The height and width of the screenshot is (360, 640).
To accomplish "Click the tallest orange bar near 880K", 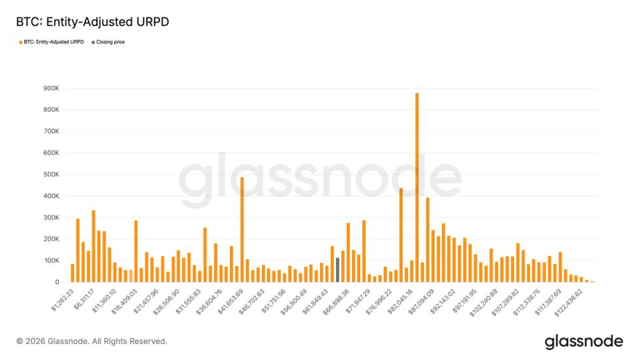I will [x=417, y=187].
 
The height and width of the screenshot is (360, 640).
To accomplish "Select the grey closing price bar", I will [x=337, y=269].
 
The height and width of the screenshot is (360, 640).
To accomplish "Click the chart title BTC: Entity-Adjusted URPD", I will [x=93, y=22].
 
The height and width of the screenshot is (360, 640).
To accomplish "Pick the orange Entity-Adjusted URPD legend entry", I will [x=53, y=42].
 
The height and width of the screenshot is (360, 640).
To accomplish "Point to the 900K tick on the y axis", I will [x=51, y=88].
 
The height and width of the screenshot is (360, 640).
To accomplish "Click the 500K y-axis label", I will [x=51, y=174].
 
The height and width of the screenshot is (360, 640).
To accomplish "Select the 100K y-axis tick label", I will [x=51, y=261].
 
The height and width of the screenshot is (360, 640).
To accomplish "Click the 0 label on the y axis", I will [x=57, y=282].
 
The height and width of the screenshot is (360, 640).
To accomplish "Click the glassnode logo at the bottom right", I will [x=583, y=342].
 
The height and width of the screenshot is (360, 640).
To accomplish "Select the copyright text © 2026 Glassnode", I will [x=91, y=341].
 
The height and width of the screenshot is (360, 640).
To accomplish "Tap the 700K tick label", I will [x=51, y=131].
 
